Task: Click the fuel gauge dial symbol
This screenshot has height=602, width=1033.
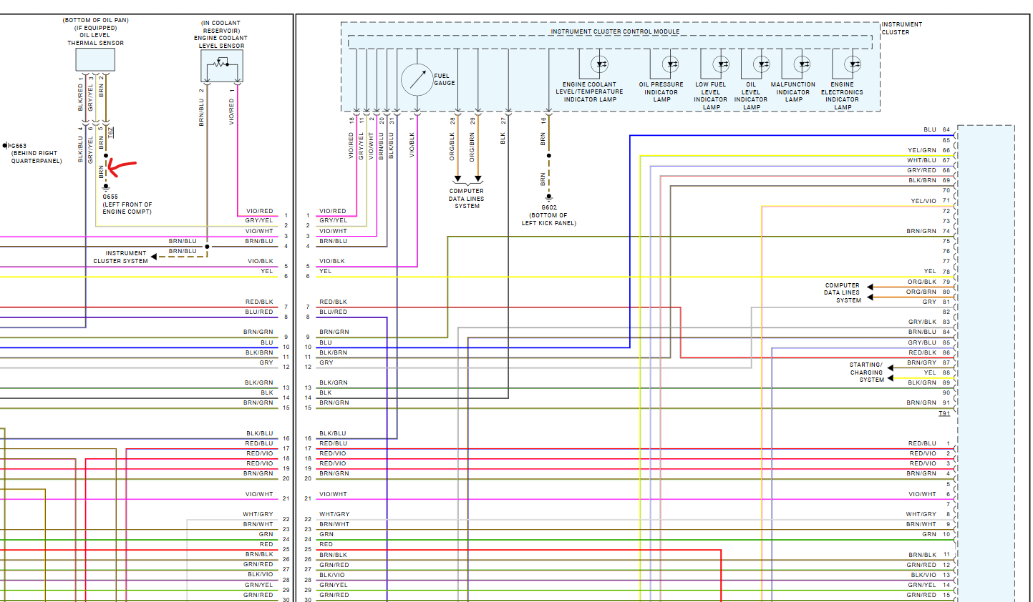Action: click(x=417, y=79)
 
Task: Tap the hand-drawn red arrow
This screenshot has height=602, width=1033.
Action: click(x=121, y=168)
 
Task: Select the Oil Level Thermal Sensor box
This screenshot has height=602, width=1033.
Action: click(x=95, y=59)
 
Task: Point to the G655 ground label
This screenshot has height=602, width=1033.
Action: click(x=110, y=197)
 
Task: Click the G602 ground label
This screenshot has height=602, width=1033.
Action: click(x=549, y=207)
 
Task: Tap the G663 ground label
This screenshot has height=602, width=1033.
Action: click(x=18, y=146)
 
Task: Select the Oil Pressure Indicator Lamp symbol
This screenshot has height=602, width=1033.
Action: click(x=670, y=64)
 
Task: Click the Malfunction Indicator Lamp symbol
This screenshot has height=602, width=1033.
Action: click(x=802, y=64)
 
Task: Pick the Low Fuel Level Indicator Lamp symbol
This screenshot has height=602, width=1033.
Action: click(x=721, y=64)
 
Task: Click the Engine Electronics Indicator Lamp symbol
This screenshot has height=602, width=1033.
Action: click(x=852, y=64)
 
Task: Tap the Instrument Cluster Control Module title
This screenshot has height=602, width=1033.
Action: click(x=615, y=31)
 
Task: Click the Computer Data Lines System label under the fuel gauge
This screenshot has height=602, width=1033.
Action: click(x=467, y=199)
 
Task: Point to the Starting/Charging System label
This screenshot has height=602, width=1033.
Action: click(x=866, y=372)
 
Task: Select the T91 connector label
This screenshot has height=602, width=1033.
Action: click(x=944, y=413)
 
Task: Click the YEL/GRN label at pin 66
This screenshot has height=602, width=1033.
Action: click(x=921, y=151)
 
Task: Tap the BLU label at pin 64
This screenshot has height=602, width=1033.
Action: click(x=929, y=130)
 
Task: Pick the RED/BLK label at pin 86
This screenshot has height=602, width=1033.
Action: click(x=922, y=352)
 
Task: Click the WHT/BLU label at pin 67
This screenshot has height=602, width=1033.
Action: click(x=921, y=161)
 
